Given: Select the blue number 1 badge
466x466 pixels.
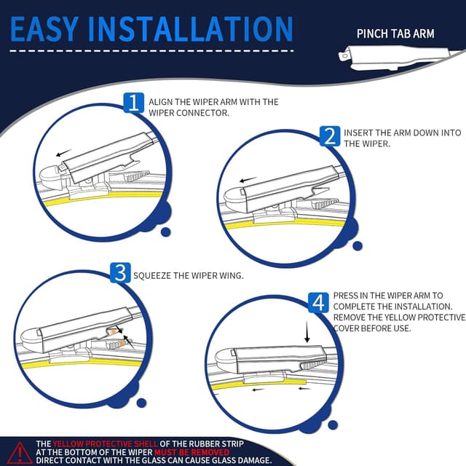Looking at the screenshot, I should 133,102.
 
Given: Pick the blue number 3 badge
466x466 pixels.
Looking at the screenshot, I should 119,274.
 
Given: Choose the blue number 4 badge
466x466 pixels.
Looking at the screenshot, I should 318,302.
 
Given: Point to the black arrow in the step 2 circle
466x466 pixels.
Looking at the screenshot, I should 250,178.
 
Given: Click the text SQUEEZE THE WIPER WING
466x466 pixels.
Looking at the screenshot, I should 188,276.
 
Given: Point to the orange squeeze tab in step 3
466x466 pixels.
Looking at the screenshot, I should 116,333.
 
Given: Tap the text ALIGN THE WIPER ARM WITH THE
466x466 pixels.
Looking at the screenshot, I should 213,102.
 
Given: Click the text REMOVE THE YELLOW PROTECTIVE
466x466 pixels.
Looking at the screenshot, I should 399,317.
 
